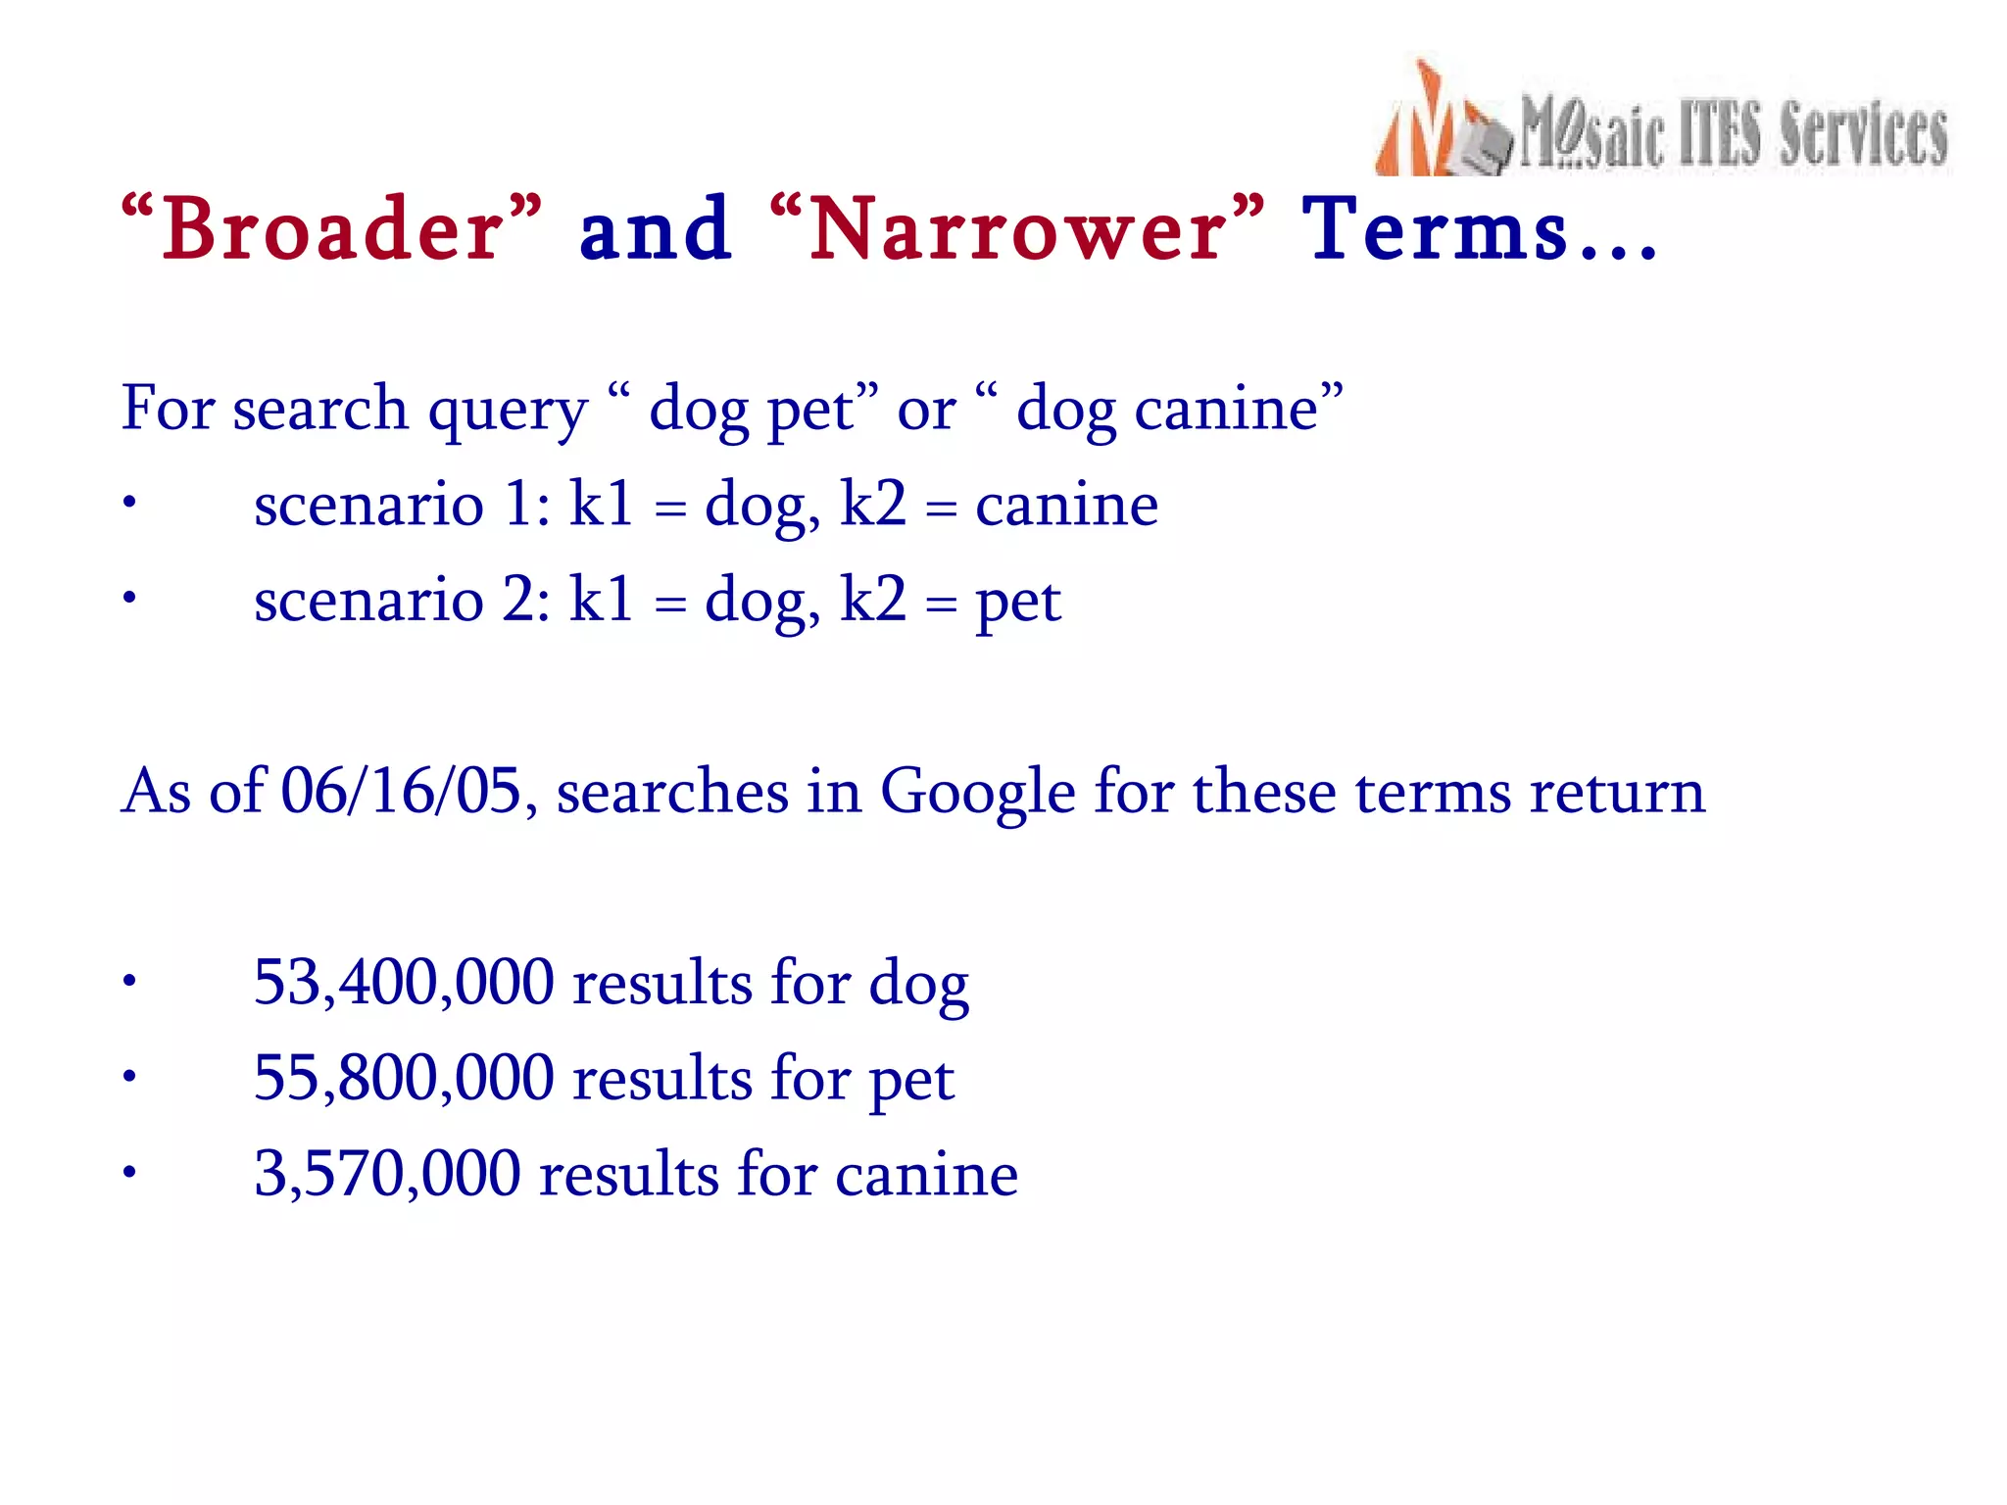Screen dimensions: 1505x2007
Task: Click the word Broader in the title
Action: [333, 230]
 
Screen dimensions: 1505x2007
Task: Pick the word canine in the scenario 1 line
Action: [1066, 507]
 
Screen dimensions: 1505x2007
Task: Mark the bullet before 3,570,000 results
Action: [129, 1172]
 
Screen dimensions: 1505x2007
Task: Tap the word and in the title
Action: [655, 230]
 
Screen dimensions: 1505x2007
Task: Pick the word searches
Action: [672, 792]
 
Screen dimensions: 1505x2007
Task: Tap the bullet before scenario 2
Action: [129, 599]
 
